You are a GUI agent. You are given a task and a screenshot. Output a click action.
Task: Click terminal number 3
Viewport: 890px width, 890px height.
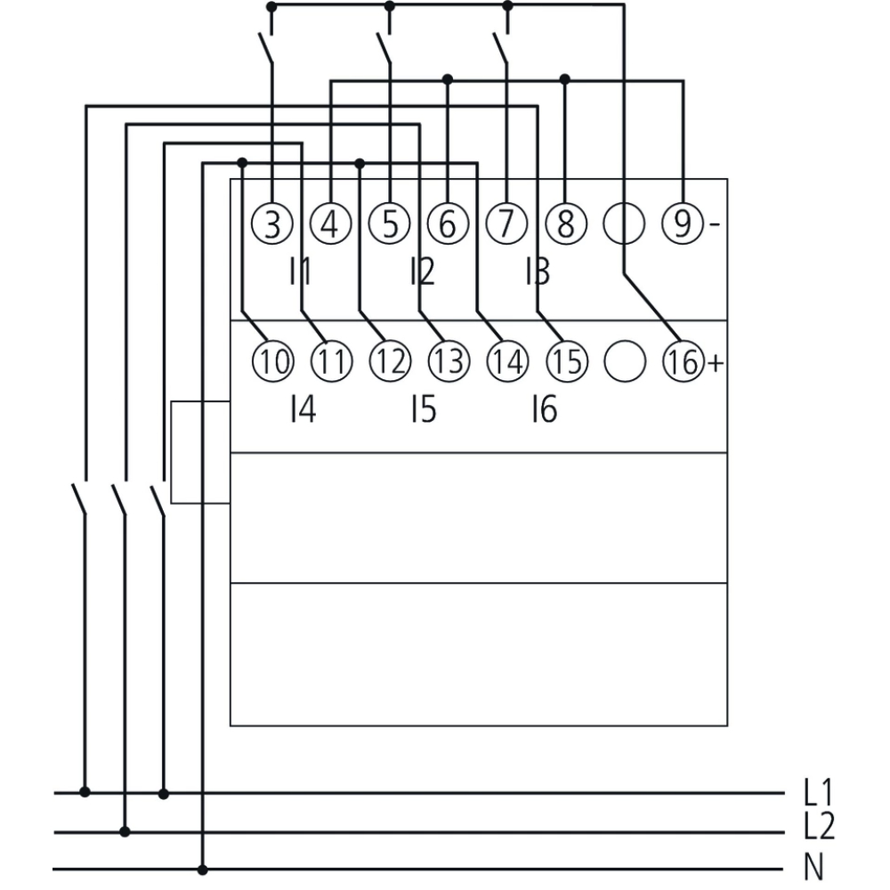click(x=272, y=223)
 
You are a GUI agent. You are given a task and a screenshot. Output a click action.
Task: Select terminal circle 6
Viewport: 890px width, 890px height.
click(x=447, y=223)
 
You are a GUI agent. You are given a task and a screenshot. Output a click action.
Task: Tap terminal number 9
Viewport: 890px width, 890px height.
click(x=681, y=223)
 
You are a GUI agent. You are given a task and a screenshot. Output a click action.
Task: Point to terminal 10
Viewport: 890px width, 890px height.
click(x=272, y=361)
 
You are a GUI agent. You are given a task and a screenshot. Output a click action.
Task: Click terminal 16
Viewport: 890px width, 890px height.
click(x=682, y=361)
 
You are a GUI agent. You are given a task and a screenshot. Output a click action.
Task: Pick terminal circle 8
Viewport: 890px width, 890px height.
click(x=565, y=223)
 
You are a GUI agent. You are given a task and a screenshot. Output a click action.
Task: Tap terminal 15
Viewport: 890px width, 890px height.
click(x=565, y=361)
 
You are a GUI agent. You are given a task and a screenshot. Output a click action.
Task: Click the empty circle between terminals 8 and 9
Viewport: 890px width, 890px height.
click(x=623, y=223)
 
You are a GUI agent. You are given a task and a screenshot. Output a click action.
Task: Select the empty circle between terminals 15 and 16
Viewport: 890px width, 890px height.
click(x=624, y=361)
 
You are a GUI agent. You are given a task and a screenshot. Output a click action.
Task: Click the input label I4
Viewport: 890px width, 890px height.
click(x=303, y=410)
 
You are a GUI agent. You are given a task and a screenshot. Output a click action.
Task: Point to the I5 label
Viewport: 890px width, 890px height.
click(x=423, y=410)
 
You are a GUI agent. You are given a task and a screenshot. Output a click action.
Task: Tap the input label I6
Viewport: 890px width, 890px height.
click(x=543, y=410)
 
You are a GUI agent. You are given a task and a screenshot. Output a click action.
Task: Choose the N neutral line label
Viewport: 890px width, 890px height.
click(x=814, y=867)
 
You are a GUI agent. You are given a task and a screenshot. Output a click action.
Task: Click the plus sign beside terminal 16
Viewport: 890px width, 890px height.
click(x=714, y=362)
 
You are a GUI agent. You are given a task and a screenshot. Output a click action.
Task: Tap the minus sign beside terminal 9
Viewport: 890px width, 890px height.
click(x=714, y=224)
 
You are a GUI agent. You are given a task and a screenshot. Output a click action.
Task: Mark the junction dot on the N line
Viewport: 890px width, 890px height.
click(x=203, y=869)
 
